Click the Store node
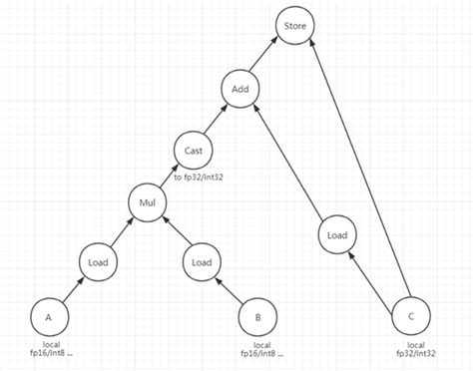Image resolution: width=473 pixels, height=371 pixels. (295, 25)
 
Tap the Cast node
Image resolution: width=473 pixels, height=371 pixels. (193, 150)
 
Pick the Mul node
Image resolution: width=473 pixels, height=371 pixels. (147, 204)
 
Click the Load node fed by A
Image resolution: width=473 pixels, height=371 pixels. (98, 262)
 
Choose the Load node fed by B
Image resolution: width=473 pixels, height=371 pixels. (201, 262)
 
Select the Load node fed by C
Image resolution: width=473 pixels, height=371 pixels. (337, 236)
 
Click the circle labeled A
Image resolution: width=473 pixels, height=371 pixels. (47, 318)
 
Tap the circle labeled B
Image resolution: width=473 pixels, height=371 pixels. (258, 318)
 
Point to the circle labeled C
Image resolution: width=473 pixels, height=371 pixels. (409, 317)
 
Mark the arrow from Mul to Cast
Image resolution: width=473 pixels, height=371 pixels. (170, 177)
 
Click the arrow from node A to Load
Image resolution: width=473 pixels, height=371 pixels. (72, 290)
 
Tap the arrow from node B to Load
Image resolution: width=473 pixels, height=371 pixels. (230, 290)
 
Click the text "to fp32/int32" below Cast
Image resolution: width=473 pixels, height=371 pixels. (204, 178)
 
